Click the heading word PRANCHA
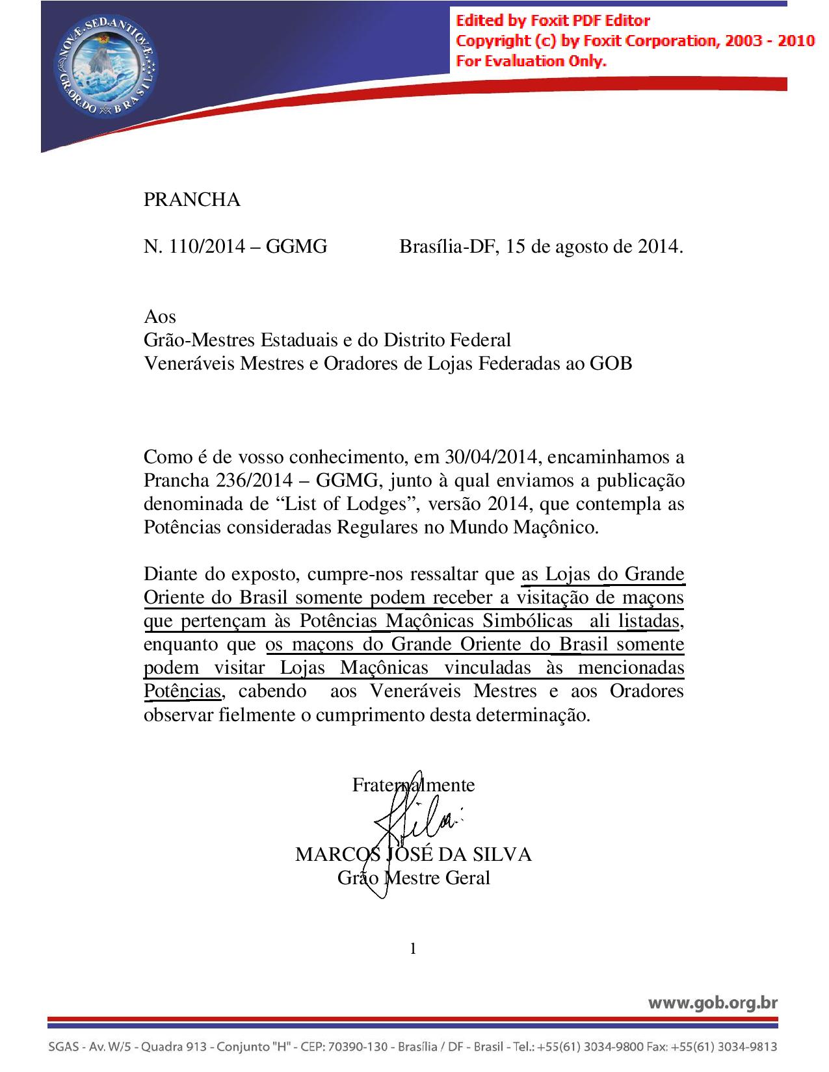(192, 200)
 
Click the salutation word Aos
(159, 316)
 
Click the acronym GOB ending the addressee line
(611, 363)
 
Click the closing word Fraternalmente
(414, 785)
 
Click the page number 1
(414, 949)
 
